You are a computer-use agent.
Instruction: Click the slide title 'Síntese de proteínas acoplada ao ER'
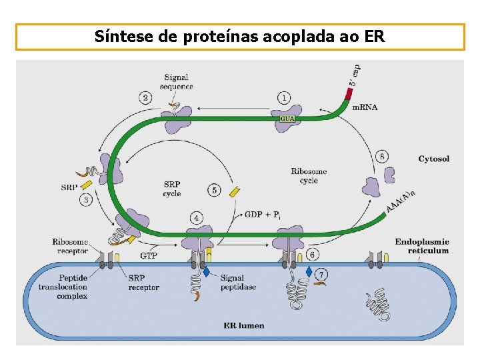(x=240, y=36)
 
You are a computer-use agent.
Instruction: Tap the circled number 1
(x=285, y=98)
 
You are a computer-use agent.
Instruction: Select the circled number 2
(x=146, y=97)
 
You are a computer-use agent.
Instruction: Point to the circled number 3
(x=87, y=199)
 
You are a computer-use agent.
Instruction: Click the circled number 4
(x=196, y=217)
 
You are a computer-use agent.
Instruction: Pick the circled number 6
(x=313, y=255)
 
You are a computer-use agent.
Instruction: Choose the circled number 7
(x=322, y=274)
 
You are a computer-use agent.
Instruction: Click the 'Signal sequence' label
(x=176, y=81)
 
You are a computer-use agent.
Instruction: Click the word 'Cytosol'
(x=433, y=159)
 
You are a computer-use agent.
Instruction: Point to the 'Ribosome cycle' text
(x=309, y=176)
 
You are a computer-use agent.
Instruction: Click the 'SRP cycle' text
(x=171, y=189)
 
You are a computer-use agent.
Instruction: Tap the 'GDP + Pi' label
(x=263, y=215)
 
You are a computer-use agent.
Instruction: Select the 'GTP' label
(x=149, y=255)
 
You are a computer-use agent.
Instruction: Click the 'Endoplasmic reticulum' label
(x=421, y=246)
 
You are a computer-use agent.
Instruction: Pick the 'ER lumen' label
(x=243, y=326)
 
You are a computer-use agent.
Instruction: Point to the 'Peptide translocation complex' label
(x=63, y=287)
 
